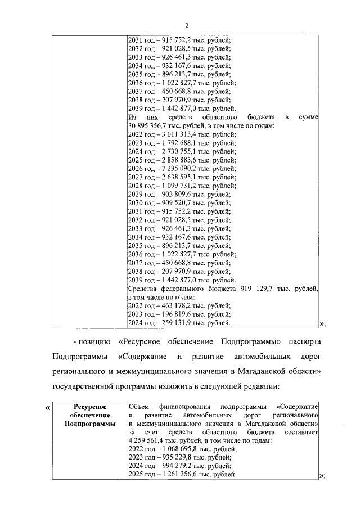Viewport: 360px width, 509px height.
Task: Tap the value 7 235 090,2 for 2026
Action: coord(174,168)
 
